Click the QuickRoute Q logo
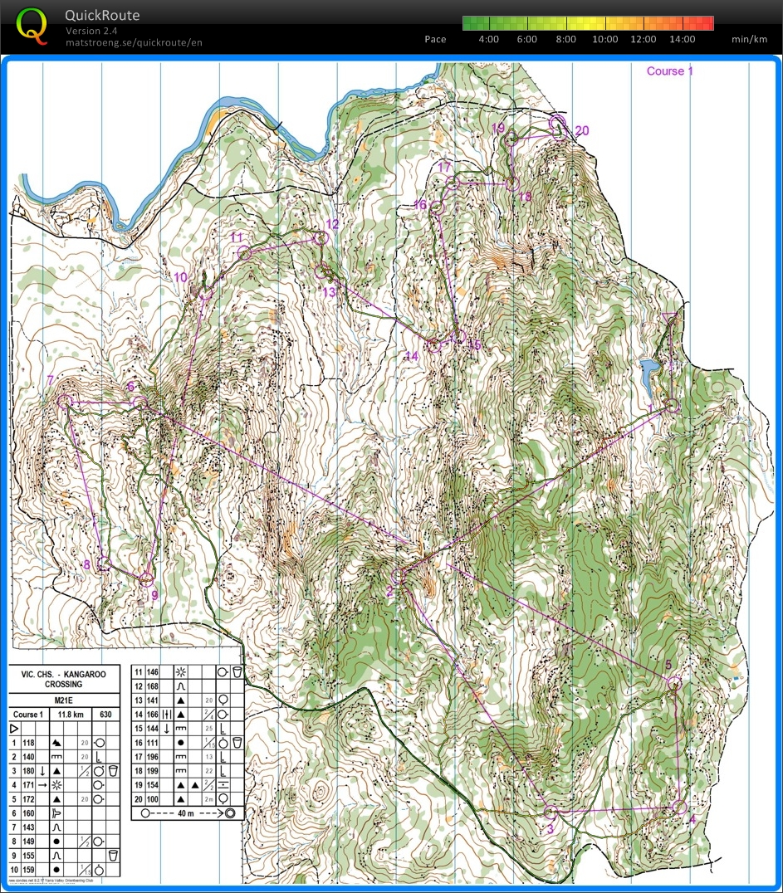32,25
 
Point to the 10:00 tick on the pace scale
605,39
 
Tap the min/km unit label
748,39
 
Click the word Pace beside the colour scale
435,39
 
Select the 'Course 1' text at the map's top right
669,71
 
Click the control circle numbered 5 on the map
674,683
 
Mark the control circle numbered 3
550,812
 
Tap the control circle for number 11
245,254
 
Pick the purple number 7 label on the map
51,380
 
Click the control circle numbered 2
398,576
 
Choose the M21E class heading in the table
64,699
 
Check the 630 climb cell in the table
105,714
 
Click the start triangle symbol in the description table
14,728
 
